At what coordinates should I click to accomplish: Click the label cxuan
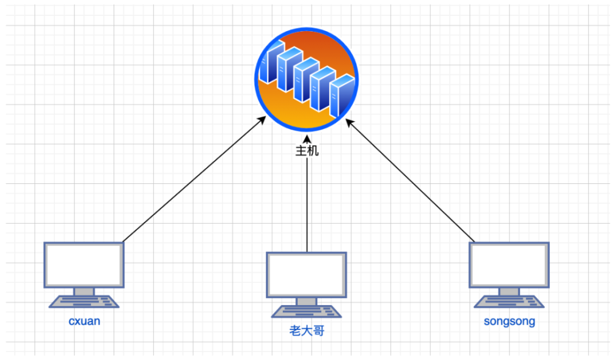[84, 321]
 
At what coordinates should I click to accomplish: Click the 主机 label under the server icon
[307, 151]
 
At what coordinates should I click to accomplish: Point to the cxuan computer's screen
[84, 265]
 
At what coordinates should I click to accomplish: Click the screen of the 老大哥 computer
[306, 274]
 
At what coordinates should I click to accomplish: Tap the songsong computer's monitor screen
[508, 265]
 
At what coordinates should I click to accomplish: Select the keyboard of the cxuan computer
[84, 301]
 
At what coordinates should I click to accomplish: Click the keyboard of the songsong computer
[508, 301]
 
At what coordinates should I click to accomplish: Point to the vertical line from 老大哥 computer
[307, 208]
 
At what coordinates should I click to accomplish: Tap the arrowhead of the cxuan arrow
[263, 120]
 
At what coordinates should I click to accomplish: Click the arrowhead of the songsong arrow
[349, 122]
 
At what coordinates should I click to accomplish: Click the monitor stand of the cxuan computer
[84, 292]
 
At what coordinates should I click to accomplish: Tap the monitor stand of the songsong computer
[508, 292]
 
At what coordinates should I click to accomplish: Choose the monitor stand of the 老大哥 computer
[306, 301]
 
